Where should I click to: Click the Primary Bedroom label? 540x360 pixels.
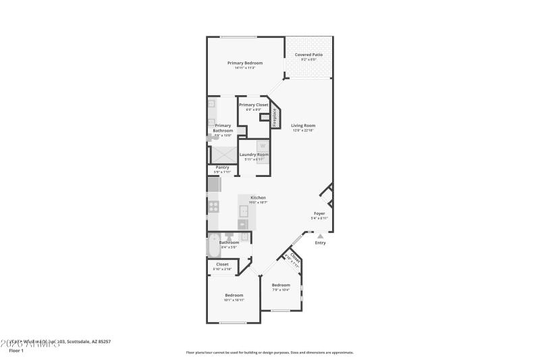(244, 63)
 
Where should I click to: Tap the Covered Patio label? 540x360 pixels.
(308, 54)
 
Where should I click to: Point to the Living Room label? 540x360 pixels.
(303, 126)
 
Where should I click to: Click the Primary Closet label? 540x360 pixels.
(253, 105)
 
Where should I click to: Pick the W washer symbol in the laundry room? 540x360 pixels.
(263, 146)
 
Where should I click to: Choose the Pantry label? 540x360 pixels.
(222, 167)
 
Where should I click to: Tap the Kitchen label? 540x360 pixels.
(258, 198)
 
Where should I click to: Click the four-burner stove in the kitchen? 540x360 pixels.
(213, 207)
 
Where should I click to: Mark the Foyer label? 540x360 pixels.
(319, 213)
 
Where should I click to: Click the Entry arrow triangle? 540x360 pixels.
(320, 236)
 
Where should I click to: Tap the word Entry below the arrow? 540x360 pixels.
(320, 242)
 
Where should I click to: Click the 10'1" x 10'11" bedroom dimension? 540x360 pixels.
(234, 300)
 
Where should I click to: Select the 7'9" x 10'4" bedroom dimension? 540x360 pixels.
(281, 290)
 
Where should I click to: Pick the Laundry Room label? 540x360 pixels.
(254, 155)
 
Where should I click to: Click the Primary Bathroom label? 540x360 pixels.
(223, 128)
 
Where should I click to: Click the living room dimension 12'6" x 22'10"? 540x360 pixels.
(303, 130)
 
